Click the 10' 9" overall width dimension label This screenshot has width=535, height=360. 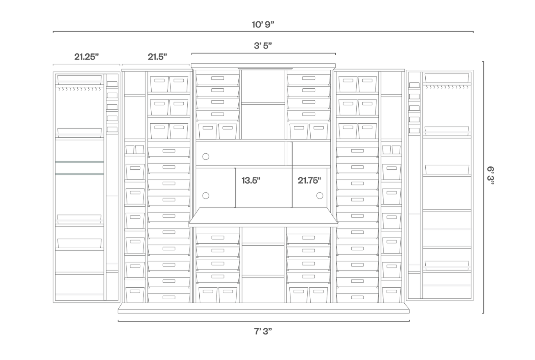263,24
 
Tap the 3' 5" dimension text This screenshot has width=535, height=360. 263,45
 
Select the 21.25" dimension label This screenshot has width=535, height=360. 86,57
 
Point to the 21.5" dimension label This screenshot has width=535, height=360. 157,57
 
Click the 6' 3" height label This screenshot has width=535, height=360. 490,175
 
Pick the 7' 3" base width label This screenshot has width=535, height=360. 263,331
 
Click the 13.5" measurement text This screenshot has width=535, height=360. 251,180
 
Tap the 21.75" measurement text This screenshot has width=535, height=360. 309,180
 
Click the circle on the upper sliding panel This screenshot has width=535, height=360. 205,157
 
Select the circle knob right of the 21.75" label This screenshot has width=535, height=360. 320,196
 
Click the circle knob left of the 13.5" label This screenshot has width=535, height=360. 205,196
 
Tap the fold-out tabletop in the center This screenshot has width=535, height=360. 263,217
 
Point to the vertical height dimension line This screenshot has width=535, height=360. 483,187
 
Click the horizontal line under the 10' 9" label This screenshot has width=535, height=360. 263,31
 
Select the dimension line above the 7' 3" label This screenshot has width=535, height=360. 264,321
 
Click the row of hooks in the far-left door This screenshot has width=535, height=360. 80,89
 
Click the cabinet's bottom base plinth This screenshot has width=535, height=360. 263,308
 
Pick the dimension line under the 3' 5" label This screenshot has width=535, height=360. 263,53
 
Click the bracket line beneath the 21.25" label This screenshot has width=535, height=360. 86,64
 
